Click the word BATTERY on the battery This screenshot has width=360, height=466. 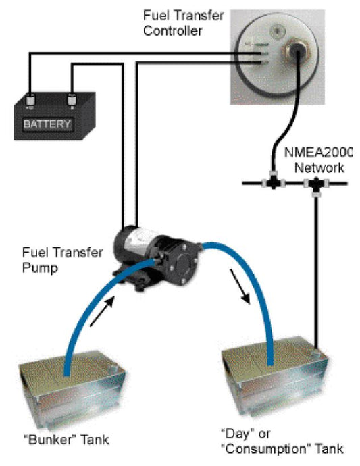point(47,124)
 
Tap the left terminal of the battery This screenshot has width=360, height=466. point(31,102)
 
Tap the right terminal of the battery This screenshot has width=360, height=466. point(71,102)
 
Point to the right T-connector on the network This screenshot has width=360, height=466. point(315,184)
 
